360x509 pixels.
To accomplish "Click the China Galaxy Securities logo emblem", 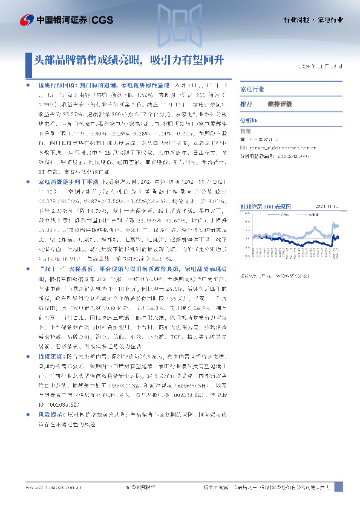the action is click(27, 20).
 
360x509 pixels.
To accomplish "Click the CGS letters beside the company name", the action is click(102, 20).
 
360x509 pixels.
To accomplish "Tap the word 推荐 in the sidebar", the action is click(246, 104).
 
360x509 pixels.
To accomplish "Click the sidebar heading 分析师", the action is click(248, 121).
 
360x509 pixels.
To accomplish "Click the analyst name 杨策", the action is click(246, 131).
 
